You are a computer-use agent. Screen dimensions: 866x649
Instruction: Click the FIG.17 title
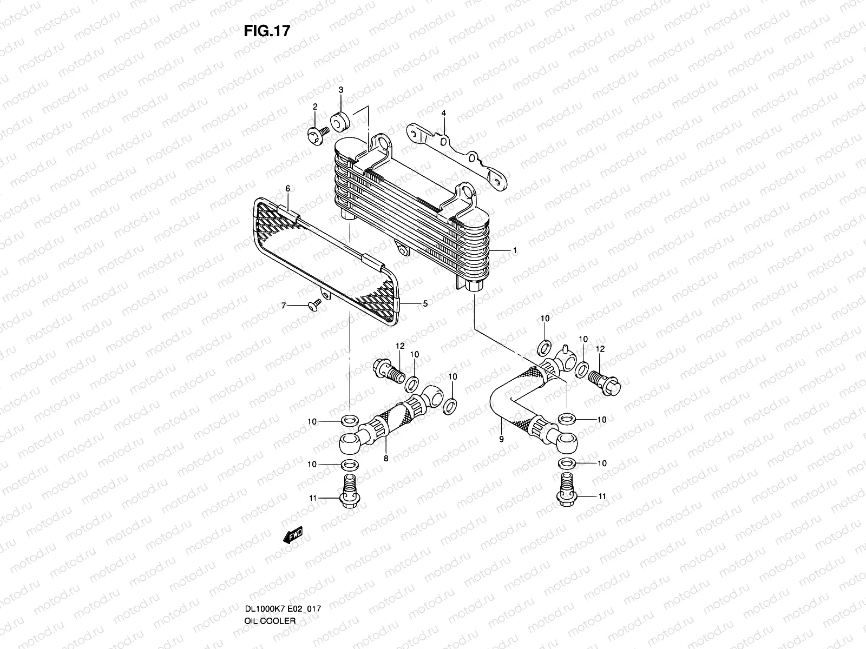(x=267, y=31)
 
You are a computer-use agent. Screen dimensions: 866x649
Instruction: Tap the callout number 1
(x=515, y=250)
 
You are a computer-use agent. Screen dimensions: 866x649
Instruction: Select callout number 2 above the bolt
(x=314, y=107)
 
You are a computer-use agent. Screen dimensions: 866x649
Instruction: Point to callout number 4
(x=443, y=113)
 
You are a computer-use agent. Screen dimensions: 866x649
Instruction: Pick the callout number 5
(x=425, y=304)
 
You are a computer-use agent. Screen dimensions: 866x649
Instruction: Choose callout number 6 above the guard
(x=288, y=189)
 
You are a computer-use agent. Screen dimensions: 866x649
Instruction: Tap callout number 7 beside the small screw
(x=282, y=306)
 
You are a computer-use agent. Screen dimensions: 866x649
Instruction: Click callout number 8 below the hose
(x=386, y=458)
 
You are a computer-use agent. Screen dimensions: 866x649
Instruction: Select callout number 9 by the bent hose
(x=501, y=439)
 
